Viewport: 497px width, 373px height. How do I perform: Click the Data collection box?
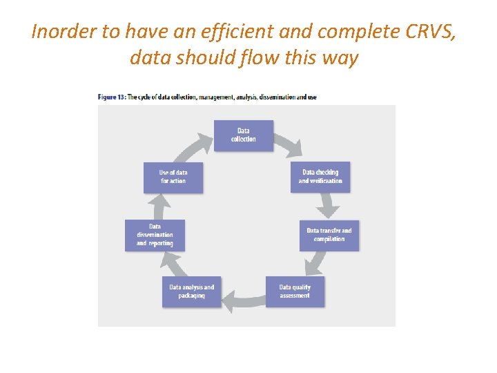tap(243, 135)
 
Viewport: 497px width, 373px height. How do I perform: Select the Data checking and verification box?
tap(320, 177)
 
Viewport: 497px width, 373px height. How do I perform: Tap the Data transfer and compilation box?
tap(329, 235)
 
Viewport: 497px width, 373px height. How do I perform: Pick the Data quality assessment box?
tap(295, 291)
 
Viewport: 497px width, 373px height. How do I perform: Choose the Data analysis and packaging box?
tap(192, 291)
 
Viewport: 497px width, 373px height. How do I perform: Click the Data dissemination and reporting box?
tap(155, 235)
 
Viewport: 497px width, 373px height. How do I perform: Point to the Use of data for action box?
tap(173, 177)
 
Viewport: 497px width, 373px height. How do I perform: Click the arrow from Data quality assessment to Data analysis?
tap(243, 297)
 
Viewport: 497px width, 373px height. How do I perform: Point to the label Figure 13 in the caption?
tap(112, 97)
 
